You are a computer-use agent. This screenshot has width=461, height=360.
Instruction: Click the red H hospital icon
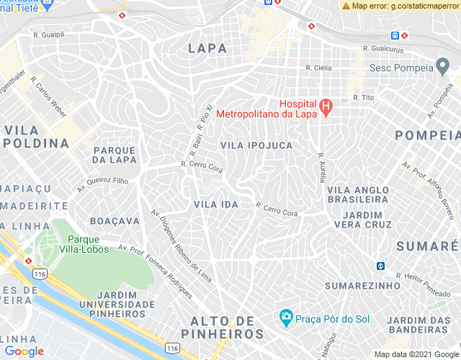pyautogui.click(x=325, y=109)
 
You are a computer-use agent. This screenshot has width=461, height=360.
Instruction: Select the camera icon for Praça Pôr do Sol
pyautogui.click(x=286, y=317)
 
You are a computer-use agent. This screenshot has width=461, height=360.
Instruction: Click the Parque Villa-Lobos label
pyautogui.click(x=89, y=244)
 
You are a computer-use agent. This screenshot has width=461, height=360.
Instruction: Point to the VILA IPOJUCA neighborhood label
pyautogui.click(x=256, y=145)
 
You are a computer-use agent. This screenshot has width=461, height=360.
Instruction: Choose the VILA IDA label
pyautogui.click(x=215, y=204)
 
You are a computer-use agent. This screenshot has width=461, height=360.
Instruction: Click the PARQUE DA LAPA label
pyautogui.click(x=115, y=155)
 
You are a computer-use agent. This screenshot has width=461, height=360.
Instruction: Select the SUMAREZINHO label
pyautogui.click(x=362, y=286)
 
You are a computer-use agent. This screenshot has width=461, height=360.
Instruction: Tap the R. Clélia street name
pyautogui.click(x=318, y=67)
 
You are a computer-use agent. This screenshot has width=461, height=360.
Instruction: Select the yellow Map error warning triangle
pyautogui.click(x=346, y=6)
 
